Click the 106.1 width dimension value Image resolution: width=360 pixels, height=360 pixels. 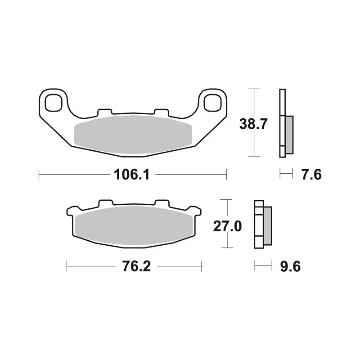pos(131,175)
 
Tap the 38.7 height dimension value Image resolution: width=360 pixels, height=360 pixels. pos(253,124)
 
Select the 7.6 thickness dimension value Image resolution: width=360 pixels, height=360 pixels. pos(311,175)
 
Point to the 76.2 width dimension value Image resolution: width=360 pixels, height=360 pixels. pos(136,266)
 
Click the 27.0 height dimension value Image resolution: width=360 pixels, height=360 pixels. pos(227,226)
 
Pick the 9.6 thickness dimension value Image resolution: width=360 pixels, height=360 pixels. pos(290,266)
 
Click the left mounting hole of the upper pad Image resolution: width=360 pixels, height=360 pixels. pos(54,103)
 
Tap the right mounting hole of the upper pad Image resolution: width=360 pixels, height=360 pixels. pos(212,103)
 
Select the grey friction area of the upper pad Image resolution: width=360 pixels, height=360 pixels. pos(133,135)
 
